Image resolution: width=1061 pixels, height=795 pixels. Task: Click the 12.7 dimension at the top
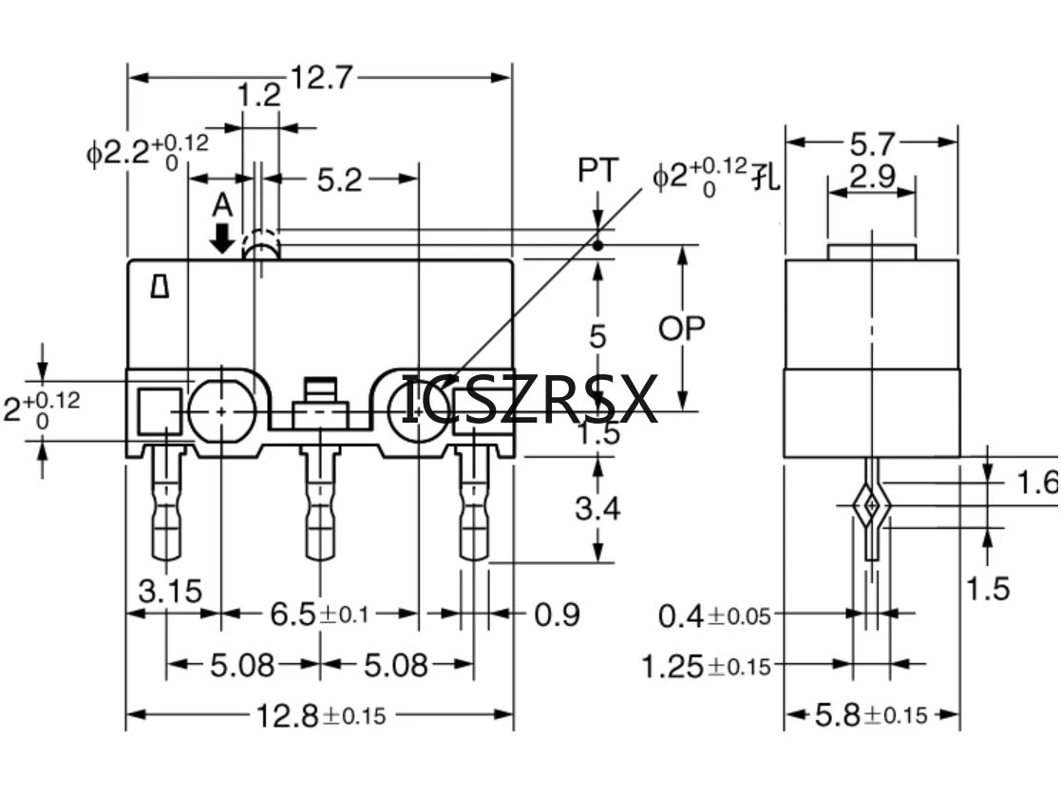coord(320,76)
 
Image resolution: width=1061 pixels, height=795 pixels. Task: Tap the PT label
coord(597,172)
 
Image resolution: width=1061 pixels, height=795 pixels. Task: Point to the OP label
coord(682,329)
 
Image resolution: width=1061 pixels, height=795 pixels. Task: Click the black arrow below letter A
coord(222,237)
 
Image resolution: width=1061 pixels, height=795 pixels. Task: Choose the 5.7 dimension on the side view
coord(871,143)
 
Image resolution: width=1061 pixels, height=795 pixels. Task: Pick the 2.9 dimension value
coord(871,176)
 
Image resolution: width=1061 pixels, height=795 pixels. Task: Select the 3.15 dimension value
coord(170,591)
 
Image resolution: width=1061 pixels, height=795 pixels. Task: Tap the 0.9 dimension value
coord(557,615)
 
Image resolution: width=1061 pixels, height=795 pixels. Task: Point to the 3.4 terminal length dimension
coord(597,508)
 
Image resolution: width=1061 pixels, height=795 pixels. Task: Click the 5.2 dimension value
coord(339,179)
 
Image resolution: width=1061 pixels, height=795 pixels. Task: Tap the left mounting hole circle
coord(220,411)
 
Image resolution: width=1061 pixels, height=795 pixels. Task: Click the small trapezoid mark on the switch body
coord(161,287)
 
